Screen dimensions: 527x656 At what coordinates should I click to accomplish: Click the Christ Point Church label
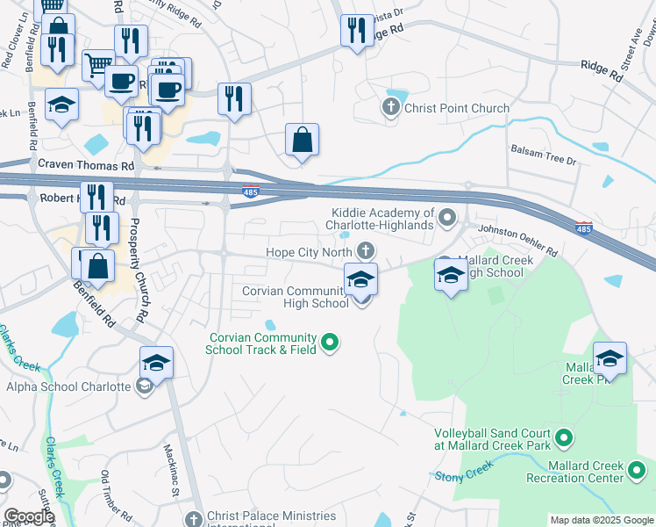coord(456,108)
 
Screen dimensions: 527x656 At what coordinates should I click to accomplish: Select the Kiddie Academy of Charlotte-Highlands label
coord(382,219)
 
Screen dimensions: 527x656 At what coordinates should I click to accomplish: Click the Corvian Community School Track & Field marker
coord(330,342)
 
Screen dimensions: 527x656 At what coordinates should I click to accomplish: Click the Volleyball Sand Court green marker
coord(564,436)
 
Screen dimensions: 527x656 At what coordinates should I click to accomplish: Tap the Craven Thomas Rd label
coord(85,164)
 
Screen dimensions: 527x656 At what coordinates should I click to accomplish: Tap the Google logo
coord(29,516)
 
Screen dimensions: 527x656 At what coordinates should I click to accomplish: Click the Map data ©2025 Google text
coord(601,520)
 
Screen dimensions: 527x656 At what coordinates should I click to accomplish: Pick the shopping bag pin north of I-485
coord(301,140)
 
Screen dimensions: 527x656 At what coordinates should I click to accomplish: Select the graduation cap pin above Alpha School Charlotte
coord(156,363)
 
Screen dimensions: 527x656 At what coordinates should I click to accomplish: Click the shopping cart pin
coord(98,64)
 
